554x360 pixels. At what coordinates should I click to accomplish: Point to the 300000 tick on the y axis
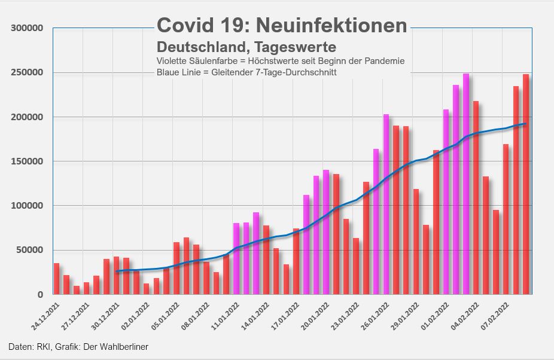tap(27, 29)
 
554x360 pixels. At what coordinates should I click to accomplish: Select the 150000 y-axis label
tap(27, 161)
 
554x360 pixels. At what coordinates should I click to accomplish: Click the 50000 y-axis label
tap(29, 251)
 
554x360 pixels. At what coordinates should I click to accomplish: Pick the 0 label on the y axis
tap(41, 295)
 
